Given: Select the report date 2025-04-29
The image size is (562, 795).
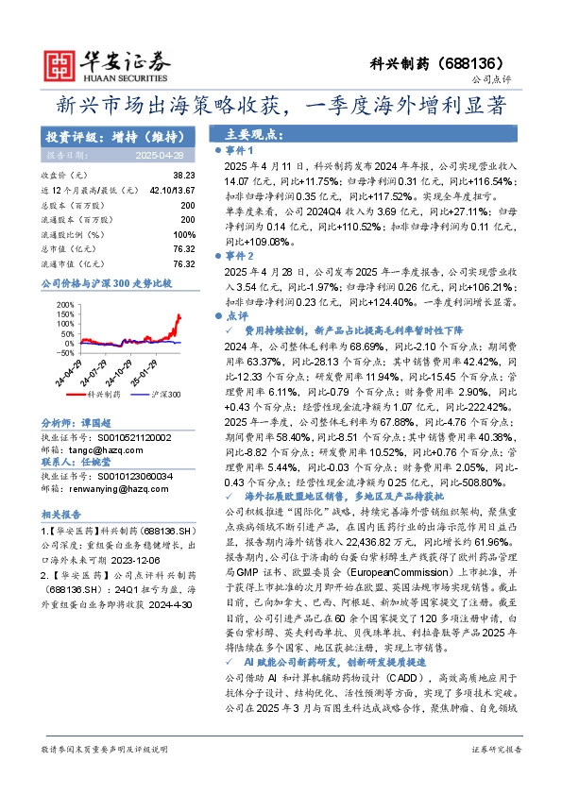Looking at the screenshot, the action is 165,154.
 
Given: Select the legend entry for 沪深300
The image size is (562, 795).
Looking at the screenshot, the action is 155,369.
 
